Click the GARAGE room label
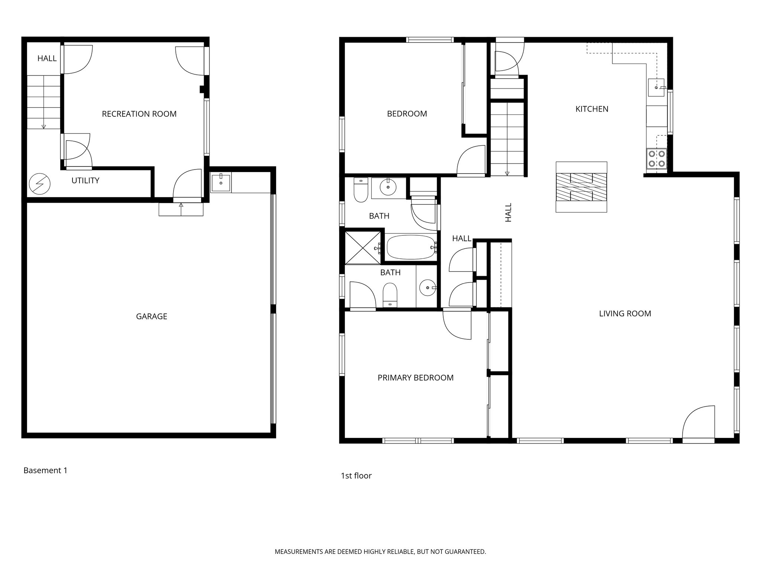point(152,316)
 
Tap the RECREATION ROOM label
point(139,114)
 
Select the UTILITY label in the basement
point(85,181)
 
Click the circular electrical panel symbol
point(39,184)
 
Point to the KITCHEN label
point(592,109)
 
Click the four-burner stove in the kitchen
point(656,158)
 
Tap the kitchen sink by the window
point(656,88)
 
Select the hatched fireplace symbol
point(581,187)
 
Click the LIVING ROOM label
point(625,313)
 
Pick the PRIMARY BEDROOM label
point(415,378)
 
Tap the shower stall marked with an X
point(363,248)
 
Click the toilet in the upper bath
point(360,190)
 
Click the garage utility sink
point(221,183)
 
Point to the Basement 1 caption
point(45,470)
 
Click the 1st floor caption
point(356,475)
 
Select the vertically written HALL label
point(508,212)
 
